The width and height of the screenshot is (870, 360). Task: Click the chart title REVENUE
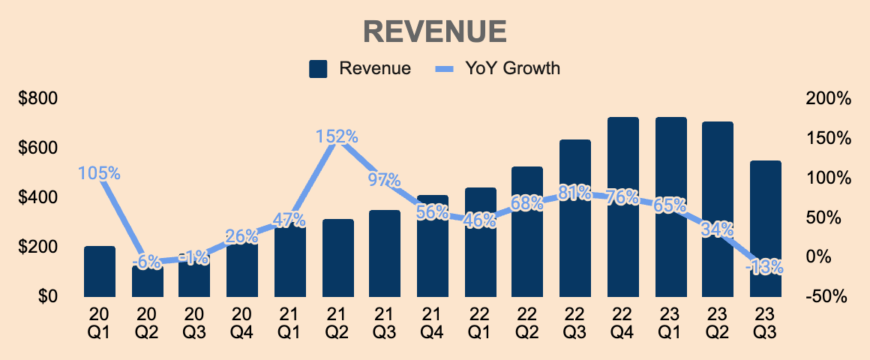point(435,31)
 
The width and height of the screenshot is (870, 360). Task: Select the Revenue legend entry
point(360,69)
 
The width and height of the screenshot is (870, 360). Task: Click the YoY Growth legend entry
point(498,69)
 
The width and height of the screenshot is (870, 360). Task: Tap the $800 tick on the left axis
point(39,99)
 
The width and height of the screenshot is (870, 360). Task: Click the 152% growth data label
point(337,137)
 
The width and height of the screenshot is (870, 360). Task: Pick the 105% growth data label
point(99,173)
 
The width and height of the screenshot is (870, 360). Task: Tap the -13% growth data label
point(765,266)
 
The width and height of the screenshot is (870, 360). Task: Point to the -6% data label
point(146,262)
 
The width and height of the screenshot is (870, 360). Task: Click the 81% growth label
point(574,193)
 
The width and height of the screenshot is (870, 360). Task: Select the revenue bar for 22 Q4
point(622,206)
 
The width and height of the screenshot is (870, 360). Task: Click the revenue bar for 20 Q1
point(99,271)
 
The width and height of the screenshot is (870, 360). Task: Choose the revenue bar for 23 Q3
point(765,228)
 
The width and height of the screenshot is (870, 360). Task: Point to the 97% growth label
point(384,180)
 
